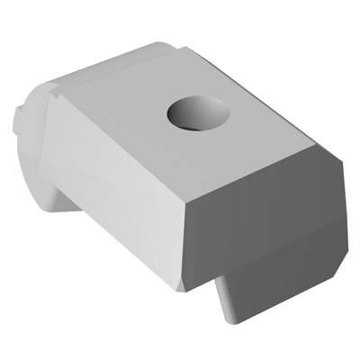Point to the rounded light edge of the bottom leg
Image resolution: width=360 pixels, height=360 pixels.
[224, 301]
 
